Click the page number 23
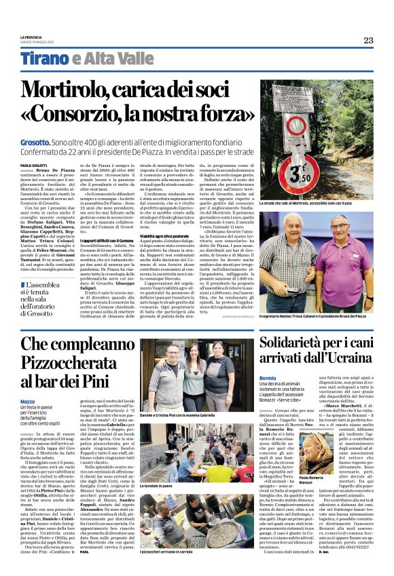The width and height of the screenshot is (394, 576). (368, 40)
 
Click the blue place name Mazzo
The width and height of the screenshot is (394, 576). (28, 402)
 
